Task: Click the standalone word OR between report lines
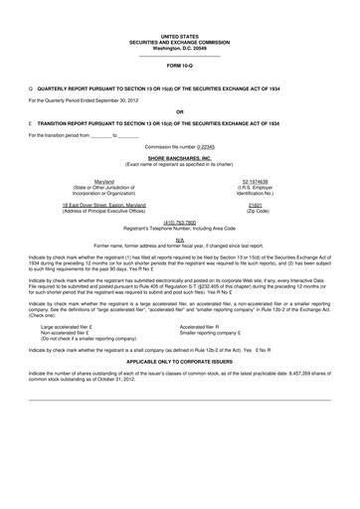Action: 180,110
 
